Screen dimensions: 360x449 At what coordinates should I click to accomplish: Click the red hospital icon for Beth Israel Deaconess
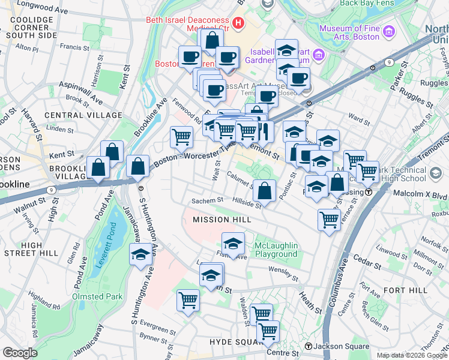tap(239, 24)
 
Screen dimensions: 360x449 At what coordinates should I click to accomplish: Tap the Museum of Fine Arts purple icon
tap(389, 31)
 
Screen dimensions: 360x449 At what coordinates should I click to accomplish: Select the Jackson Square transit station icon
tap(309, 346)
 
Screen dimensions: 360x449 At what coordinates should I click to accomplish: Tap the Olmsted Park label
tap(97, 296)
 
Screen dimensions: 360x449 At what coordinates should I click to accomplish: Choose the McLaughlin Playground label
tap(276, 250)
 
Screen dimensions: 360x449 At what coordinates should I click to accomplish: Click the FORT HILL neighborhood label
tap(406, 290)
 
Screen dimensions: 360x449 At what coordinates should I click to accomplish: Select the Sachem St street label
tap(207, 200)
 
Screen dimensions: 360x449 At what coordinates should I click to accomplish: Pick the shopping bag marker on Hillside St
tap(264, 191)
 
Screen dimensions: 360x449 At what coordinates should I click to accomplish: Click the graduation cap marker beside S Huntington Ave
tap(140, 254)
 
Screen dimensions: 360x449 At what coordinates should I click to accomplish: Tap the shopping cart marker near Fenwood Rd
tap(181, 137)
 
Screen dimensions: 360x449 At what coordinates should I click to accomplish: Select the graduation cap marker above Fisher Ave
tap(233, 244)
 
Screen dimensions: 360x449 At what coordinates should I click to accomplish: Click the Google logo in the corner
tap(20, 353)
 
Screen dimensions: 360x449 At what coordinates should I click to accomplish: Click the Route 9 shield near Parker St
tap(390, 62)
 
